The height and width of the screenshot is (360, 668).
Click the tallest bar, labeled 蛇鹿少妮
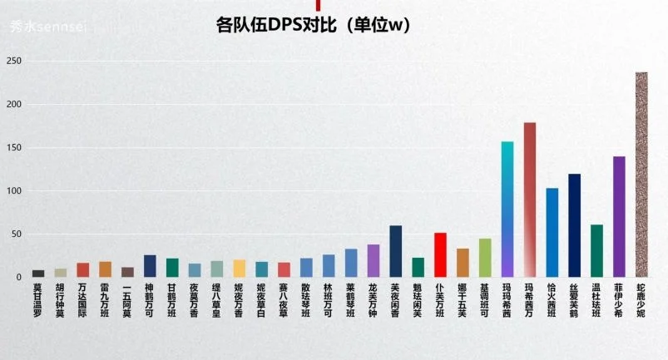click(641, 175)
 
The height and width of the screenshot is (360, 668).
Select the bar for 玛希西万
click(530, 200)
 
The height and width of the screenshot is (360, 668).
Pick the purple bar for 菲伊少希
click(619, 216)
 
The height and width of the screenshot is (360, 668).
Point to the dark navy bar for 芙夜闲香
click(396, 251)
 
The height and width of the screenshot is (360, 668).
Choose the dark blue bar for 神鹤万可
click(150, 265)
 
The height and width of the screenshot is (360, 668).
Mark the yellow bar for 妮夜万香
click(240, 268)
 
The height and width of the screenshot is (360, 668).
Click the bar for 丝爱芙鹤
click(574, 225)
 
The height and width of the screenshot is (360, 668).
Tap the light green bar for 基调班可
click(485, 258)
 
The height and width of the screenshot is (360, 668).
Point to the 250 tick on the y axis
click(13, 61)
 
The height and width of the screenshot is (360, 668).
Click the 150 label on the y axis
click(13, 147)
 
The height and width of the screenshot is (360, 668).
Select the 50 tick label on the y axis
click(16, 234)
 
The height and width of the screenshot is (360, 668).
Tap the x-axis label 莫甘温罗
click(38, 299)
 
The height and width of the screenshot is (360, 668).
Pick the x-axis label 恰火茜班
click(552, 299)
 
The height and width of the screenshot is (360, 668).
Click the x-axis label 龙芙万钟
click(374, 299)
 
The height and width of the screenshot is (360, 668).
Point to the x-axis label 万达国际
click(83, 299)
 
